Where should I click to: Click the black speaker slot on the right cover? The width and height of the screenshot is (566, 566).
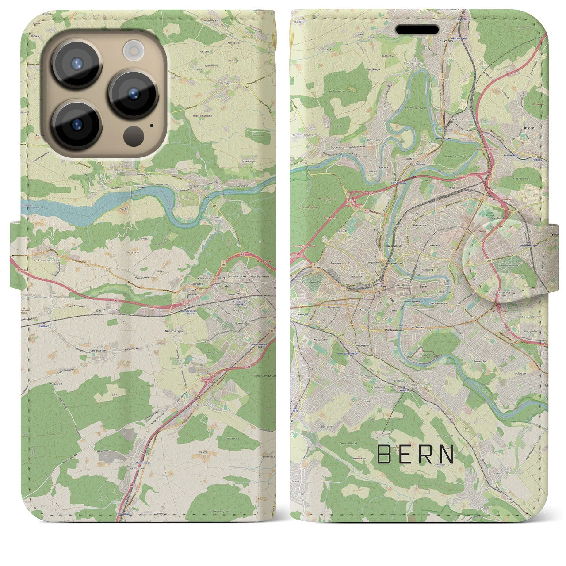(417, 30)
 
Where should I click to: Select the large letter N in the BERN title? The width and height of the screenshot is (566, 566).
(448, 454)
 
